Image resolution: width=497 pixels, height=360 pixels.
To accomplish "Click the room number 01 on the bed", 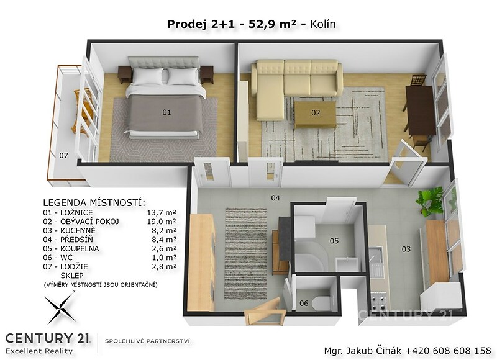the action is [x=166, y=112].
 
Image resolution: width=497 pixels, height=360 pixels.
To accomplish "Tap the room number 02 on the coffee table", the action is [x=316, y=113].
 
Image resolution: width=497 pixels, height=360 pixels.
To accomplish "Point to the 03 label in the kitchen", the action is [x=406, y=249].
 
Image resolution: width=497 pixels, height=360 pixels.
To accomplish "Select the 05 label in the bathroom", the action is [x=334, y=241].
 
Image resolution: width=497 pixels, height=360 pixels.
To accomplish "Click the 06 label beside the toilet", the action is [x=304, y=304].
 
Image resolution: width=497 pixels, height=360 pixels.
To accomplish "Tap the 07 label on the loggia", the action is [x=64, y=155].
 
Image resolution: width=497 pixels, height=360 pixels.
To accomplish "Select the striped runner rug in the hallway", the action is [x=245, y=253].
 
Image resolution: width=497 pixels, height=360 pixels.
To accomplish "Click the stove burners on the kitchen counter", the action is [x=378, y=302].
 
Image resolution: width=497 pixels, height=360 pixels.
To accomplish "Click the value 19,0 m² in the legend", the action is [x=162, y=222].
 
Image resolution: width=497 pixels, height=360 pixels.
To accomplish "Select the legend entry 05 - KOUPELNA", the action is [x=71, y=249].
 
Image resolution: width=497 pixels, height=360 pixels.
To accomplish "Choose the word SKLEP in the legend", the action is [x=72, y=276].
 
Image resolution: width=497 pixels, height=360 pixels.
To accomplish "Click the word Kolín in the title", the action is [x=322, y=24].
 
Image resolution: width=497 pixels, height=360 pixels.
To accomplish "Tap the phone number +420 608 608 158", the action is [x=448, y=351].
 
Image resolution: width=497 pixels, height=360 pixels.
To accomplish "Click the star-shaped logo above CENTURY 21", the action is [x=60, y=308].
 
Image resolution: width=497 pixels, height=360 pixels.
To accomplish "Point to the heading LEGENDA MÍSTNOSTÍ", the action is [x=94, y=202].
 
